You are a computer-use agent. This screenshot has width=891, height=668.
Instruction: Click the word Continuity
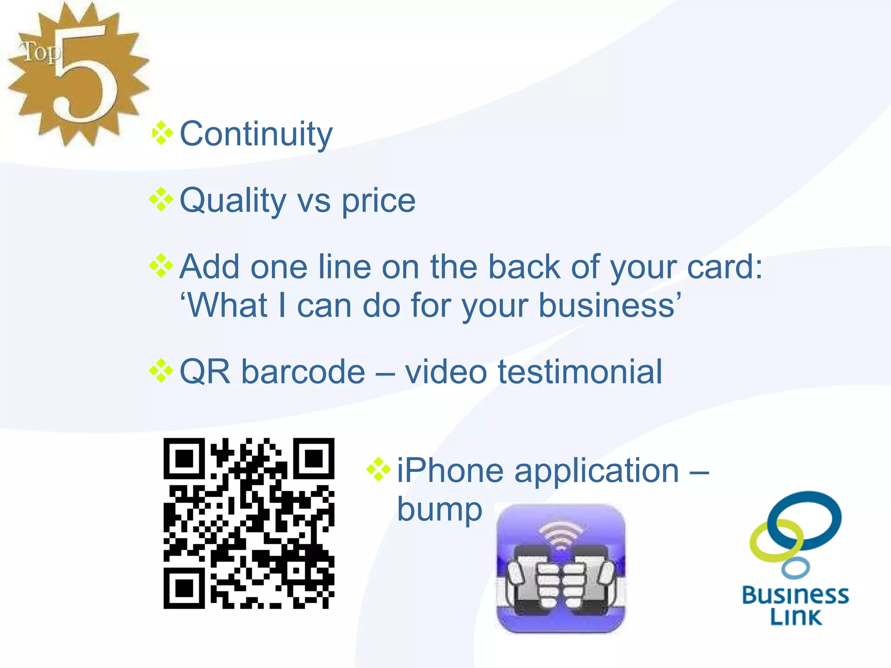tap(256, 134)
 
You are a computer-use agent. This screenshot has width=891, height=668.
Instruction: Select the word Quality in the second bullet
tap(233, 201)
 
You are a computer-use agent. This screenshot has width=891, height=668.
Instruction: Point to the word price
tap(378, 201)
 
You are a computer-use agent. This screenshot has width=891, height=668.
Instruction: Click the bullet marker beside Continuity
tap(162, 133)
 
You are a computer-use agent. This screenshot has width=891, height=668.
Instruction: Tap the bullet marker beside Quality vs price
tap(161, 200)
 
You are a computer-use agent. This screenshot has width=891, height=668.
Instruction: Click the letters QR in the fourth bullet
tap(204, 372)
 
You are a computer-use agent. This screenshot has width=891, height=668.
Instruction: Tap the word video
tap(446, 372)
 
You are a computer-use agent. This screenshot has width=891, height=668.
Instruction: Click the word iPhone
tap(450, 471)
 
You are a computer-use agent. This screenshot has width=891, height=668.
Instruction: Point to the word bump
tap(439, 510)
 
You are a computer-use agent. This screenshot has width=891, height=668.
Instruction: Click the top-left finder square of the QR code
tap(184, 458)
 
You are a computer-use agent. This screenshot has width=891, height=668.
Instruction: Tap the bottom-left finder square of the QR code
tap(184, 588)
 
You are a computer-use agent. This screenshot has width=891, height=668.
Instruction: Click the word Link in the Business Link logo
tap(796, 617)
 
